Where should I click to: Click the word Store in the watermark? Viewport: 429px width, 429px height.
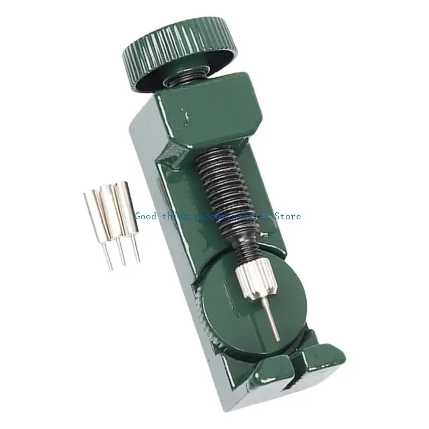[x=289, y=216]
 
